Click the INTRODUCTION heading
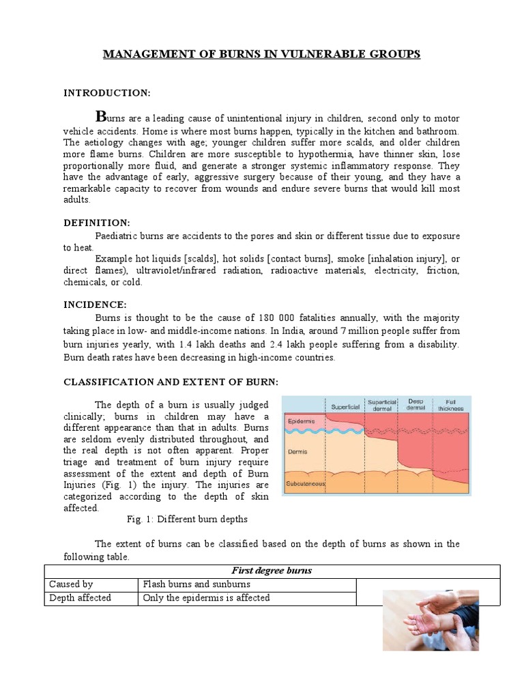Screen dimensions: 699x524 (106, 93)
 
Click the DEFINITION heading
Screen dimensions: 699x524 (96, 223)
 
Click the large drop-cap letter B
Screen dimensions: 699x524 (101, 114)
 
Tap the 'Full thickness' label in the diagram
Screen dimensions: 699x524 (450, 405)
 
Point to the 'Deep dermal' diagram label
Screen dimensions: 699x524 (416, 405)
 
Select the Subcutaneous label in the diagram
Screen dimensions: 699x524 (306, 484)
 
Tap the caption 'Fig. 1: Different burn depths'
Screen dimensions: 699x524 (187, 519)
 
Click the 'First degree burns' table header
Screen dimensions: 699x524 (272, 571)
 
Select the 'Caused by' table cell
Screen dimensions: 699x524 (71, 584)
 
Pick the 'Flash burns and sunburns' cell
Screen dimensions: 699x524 (196, 584)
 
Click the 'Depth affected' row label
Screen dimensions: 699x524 (80, 598)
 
